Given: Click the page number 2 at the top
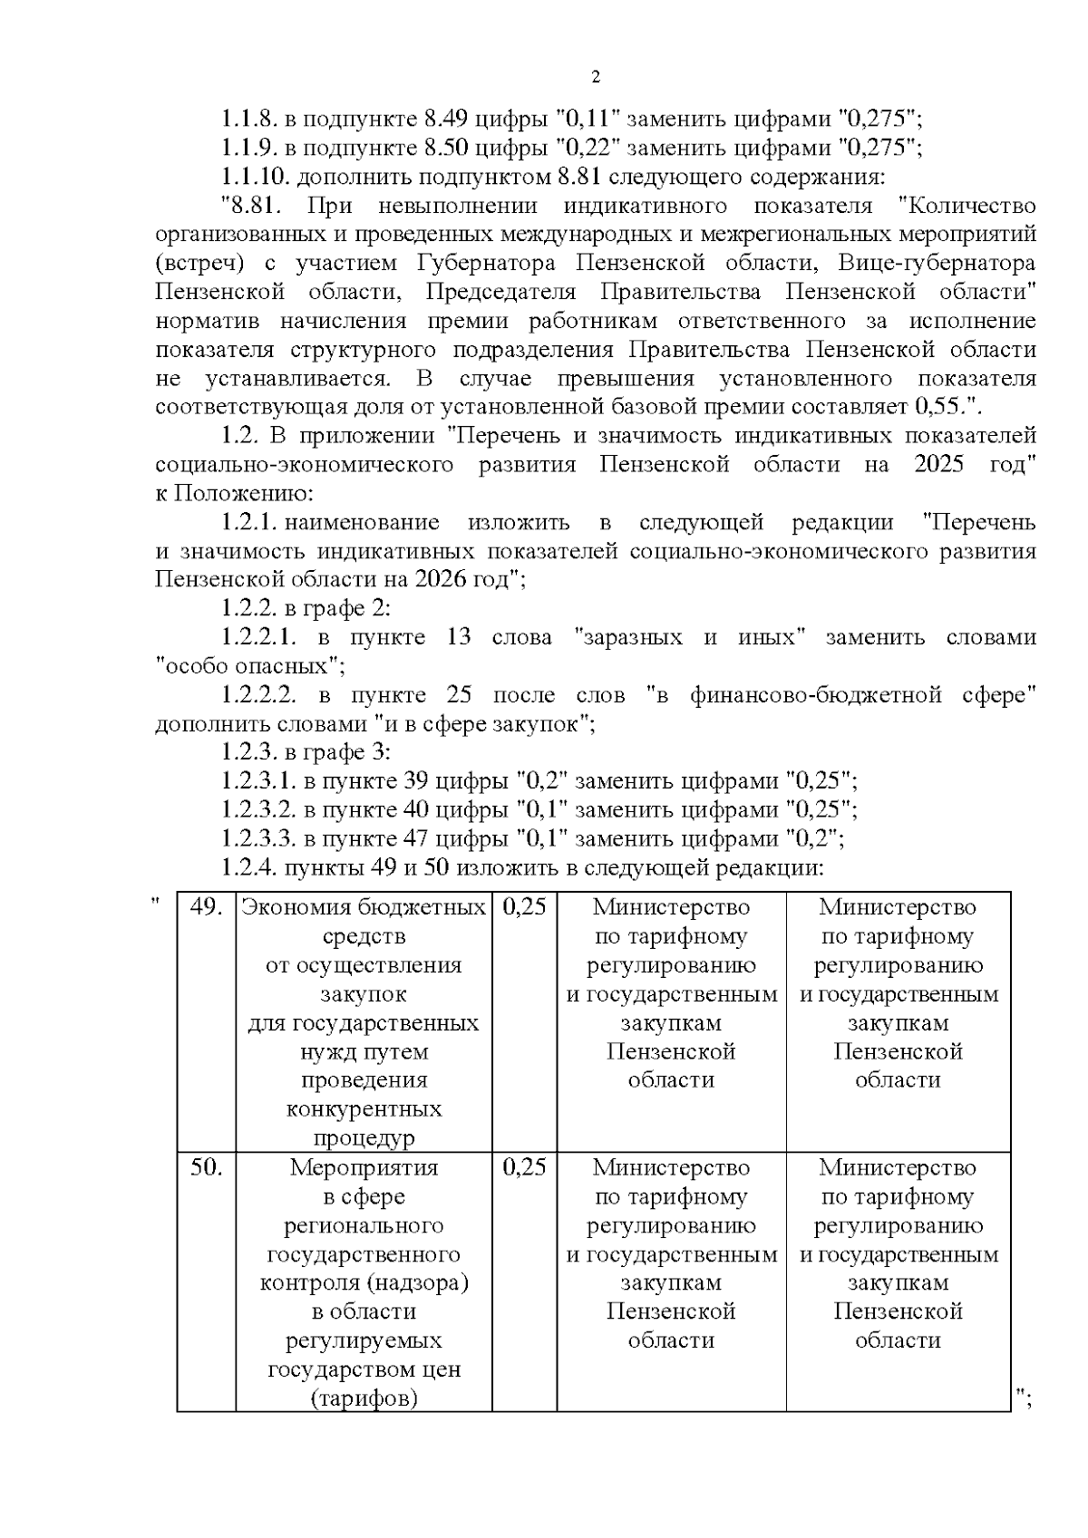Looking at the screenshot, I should click(x=596, y=77).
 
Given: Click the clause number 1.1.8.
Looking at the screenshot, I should click(x=249, y=118).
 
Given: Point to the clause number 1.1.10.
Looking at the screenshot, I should click(x=255, y=176).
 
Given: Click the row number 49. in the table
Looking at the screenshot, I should click(x=207, y=907).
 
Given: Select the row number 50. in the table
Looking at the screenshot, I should click(x=207, y=1167).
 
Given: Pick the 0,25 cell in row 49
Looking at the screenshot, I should click(x=524, y=907).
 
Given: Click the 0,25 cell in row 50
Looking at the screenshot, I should click(x=524, y=1167).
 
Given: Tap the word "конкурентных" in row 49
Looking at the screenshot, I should click(x=364, y=1109).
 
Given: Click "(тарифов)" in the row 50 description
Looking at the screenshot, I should click(x=364, y=1398).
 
